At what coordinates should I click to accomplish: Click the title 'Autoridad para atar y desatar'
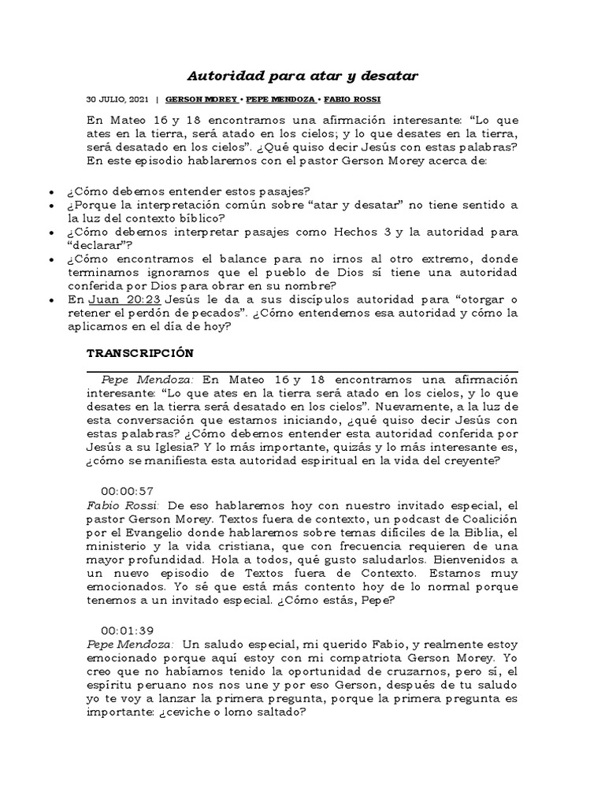[302, 76]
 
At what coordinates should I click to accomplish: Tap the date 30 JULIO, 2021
[117, 100]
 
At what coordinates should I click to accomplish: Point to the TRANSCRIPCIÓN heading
[139, 353]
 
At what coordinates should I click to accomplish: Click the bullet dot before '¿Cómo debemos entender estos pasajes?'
[52, 192]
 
